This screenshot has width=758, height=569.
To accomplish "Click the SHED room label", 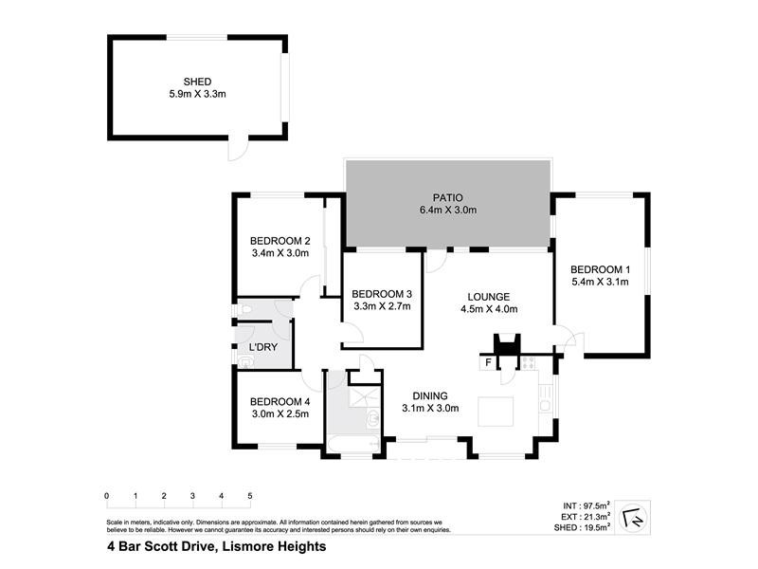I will [197, 82].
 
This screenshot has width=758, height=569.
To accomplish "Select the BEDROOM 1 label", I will [601, 268].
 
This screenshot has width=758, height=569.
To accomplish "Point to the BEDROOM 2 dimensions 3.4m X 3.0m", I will [280, 253].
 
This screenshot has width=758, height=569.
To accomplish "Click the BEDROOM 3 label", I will [382, 293].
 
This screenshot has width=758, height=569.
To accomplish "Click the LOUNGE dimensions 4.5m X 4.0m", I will [488, 309].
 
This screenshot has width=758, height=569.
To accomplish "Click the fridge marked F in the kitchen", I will [489, 362].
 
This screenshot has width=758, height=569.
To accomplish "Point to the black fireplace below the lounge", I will [508, 344].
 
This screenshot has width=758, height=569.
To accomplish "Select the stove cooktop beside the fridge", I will [527, 362].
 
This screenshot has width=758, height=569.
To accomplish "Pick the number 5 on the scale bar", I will [249, 496].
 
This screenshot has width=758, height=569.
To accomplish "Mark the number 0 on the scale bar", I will [107, 496].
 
